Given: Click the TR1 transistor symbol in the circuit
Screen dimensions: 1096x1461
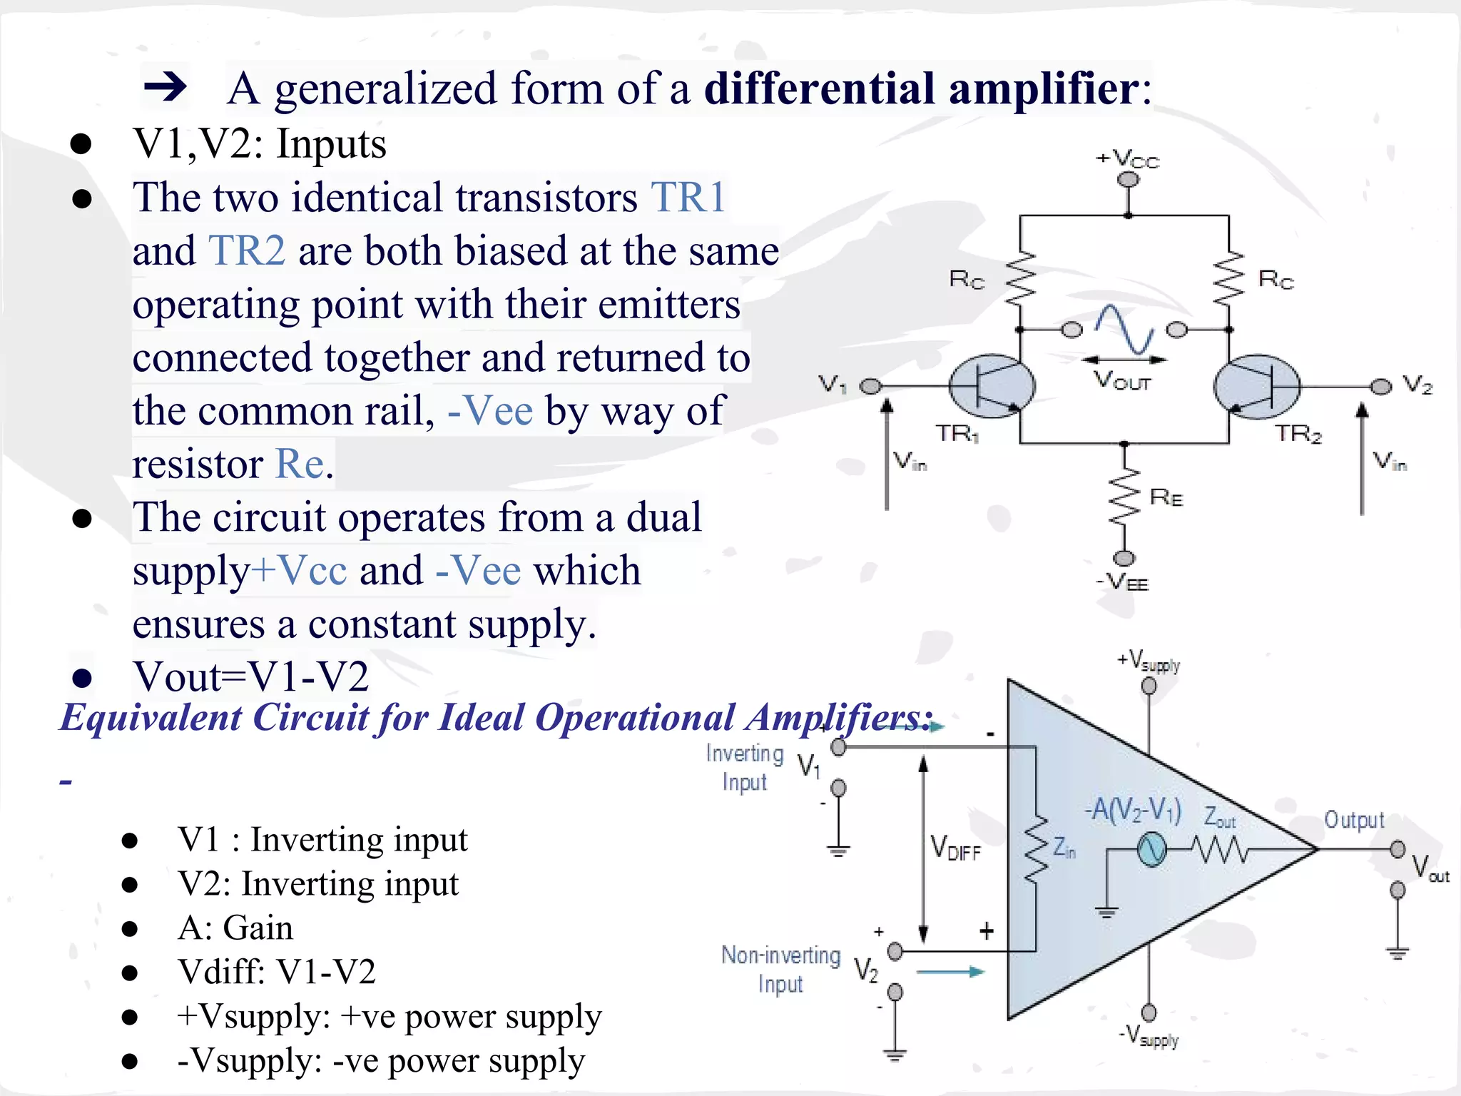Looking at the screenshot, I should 992,386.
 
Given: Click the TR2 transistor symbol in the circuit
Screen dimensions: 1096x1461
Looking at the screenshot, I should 1257,386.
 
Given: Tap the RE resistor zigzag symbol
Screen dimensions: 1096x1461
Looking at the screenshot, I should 1124,497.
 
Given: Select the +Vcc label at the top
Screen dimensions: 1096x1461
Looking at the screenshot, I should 1128,158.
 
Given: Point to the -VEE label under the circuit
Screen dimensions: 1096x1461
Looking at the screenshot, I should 1122,583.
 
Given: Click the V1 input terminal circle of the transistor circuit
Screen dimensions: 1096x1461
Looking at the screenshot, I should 870,387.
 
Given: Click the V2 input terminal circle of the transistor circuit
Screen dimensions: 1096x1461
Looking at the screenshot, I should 1381,387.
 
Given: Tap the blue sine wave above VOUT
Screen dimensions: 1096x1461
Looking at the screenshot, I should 1125,329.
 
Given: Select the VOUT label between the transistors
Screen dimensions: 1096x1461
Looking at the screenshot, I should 1123,380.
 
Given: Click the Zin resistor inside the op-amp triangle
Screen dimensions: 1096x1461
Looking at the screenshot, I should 1036,848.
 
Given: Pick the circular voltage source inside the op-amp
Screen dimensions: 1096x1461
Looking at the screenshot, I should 1151,850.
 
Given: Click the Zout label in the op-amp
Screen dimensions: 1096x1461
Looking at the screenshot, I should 1219,817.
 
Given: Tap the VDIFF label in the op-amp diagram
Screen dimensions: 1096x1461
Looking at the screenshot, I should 956,848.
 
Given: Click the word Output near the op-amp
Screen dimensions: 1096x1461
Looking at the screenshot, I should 1354,820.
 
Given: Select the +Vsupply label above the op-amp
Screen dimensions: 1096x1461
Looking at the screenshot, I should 1149,661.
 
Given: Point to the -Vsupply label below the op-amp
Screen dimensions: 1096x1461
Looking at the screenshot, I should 1149,1036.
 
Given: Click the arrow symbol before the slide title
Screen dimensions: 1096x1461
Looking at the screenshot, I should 166,88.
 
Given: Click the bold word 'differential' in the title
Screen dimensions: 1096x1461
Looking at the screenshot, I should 820,88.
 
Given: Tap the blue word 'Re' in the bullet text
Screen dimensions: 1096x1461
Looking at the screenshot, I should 300,464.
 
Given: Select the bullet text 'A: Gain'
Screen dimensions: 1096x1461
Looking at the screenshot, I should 235,928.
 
